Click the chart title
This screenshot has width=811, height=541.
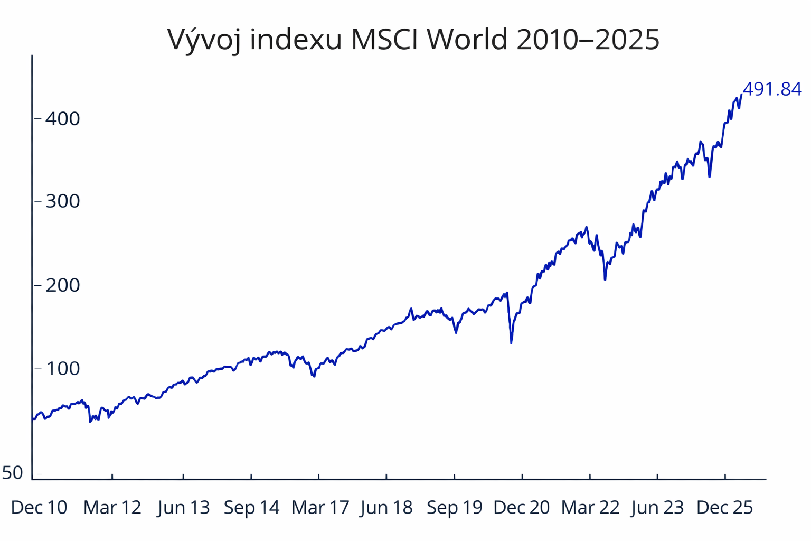tap(413, 39)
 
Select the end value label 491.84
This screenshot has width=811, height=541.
tap(772, 89)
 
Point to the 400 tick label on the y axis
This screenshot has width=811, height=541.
tap(62, 118)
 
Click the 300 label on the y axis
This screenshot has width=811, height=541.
tap(62, 201)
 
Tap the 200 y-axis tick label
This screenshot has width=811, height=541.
tap(62, 285)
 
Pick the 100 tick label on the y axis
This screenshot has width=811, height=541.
tap(62, 369)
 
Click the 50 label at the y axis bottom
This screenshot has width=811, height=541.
tap(13, 473)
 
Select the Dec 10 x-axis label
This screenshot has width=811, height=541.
tap(39, 508)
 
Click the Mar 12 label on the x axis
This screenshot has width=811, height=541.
tap(112, 508)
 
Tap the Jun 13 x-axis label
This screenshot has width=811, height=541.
tap(184, 508)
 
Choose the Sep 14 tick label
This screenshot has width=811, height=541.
tap(251, 508)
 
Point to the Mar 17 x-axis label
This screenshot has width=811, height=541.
tap(320, 508)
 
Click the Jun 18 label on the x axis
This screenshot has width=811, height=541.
tap(386, 508)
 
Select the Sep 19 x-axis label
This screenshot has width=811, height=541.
tap(455, 508)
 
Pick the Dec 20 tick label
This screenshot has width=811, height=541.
tap(522, 508)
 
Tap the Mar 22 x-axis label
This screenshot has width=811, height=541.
tap(590, 508)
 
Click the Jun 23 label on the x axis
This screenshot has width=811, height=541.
tap(657, 508)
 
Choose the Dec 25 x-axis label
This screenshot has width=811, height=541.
tap(725, 508)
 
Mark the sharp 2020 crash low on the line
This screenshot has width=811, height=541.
tap(511, 342)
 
